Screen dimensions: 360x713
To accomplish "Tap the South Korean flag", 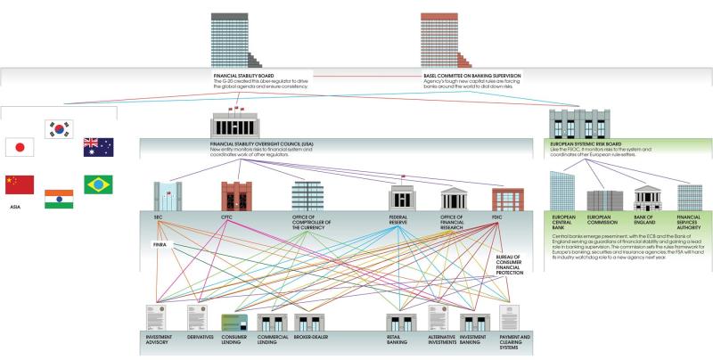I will (x=59, y=129).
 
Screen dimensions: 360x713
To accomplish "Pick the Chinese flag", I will (x=19, y=184).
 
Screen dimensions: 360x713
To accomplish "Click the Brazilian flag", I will (x=97, y=184).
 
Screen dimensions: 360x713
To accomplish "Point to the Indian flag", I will (x=59, y=198).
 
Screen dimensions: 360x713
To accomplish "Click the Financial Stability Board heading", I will (x=238, y=76).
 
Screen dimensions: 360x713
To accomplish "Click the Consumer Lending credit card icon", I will (x=233, y=318).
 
